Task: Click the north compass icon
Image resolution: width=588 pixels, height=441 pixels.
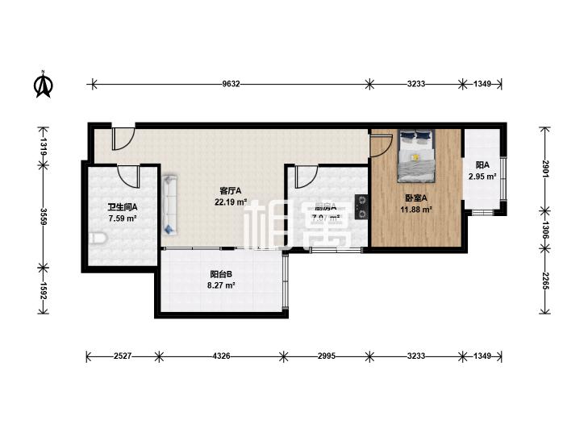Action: coord(44,84)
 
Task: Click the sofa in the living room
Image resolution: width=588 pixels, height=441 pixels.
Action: coord(169,205)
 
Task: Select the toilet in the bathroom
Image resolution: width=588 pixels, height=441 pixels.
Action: coord(98,238)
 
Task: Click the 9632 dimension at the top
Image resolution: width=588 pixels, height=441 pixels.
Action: coord(231,83)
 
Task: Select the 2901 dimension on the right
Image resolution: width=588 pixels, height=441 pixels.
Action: coord(545,170)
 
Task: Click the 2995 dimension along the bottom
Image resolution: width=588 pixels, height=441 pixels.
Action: coord(326,356)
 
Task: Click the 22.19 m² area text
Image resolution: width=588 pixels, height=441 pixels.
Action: coord(230,202)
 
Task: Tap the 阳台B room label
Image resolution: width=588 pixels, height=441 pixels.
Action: coord(221,273)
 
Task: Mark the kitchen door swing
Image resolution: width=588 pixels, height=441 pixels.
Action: coord(305,176)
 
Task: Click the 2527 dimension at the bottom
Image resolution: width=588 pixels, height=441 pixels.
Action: coord(122,356)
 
